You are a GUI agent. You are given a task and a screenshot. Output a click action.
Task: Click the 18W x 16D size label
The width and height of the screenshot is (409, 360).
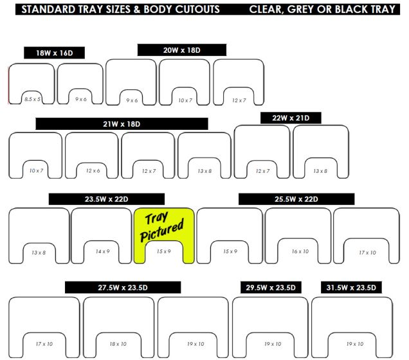54,53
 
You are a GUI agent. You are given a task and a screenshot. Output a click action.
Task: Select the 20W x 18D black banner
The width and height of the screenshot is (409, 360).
182,50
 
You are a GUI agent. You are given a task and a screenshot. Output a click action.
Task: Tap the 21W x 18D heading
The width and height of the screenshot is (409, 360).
122,123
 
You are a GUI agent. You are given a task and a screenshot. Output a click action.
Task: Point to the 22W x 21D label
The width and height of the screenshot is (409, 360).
291,118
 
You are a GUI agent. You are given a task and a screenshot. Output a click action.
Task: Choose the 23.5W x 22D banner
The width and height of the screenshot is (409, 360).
106,199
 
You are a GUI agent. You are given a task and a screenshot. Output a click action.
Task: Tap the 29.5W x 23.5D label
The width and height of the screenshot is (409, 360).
271,287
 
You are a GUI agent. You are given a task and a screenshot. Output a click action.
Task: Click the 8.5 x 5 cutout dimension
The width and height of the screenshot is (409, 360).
32,100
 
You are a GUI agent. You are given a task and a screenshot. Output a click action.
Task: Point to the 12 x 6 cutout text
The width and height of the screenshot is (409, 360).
92,170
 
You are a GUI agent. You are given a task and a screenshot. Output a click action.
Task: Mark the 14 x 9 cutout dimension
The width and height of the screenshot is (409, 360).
102,251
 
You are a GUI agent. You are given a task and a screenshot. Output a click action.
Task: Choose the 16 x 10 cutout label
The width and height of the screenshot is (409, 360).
299,251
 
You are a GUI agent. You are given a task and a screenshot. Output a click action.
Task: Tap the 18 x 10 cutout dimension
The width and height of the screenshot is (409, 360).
118,345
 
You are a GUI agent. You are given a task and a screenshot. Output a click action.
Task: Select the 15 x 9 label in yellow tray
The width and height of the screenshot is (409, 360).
163,251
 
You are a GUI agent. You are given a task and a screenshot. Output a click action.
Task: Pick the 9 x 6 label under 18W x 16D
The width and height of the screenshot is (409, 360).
80,100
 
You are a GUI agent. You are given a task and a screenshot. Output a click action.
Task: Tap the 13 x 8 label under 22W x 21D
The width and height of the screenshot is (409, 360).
320,170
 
